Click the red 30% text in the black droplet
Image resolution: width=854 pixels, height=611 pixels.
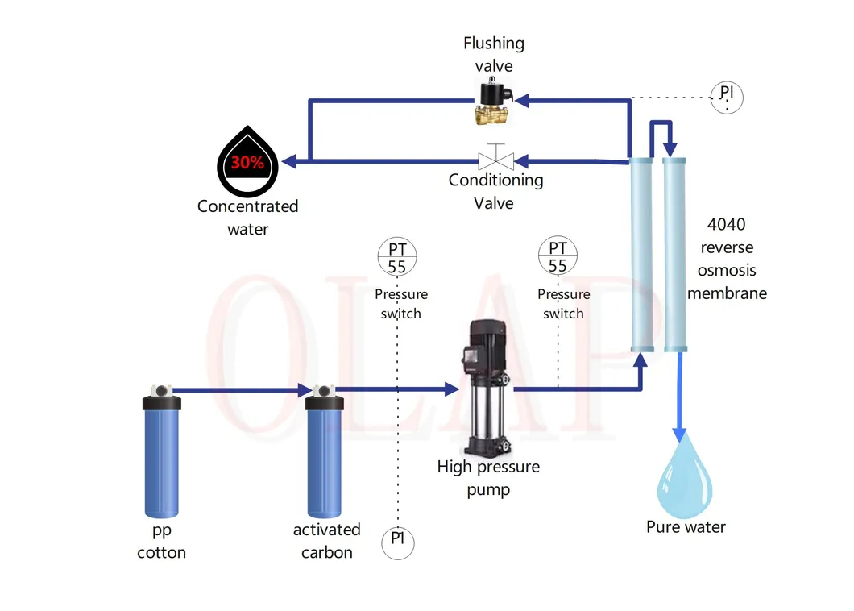[x=247, y=162]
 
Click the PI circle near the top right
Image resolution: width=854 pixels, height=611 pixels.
[x=727, y=97]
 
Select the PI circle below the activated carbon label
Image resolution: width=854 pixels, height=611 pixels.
[x=397, y=542]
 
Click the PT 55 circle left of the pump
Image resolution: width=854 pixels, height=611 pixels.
[x=397, y=257]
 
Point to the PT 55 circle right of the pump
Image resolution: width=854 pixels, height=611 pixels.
[x=558, y=257]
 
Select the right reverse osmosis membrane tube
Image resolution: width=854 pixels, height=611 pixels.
[x=675, y=254]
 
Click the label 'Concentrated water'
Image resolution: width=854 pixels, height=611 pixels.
[x=247, y=218]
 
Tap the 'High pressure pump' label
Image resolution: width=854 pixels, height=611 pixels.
[x=488, y=477]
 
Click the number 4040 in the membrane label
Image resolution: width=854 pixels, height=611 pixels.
[x=726, y=226]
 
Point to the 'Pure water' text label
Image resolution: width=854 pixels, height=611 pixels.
[x=686, y=527]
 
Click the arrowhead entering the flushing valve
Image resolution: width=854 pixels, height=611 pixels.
[x=522, y=101]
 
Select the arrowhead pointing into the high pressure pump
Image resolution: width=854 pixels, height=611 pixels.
[x=451, y=389]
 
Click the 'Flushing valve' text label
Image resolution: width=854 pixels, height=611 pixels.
[x=494, y=54]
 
